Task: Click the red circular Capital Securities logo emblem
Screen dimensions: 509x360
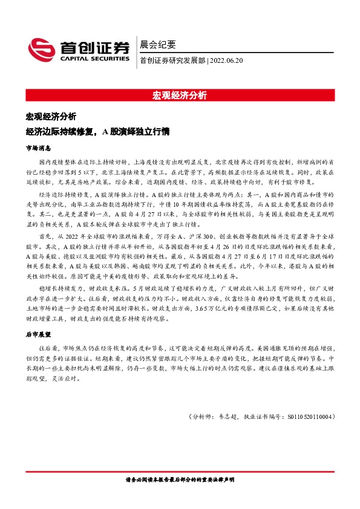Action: click(x=42, y=50)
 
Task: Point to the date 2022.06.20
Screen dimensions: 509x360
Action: click(x=226, y=60)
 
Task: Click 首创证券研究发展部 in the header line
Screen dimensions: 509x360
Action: click(x=172, y=60)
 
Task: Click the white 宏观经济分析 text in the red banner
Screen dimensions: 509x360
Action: click(x=179, y=96)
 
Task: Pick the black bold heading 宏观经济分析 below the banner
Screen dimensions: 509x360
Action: click(x=51, y=116)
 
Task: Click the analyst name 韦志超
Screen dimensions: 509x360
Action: click(x=227, y=417)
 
